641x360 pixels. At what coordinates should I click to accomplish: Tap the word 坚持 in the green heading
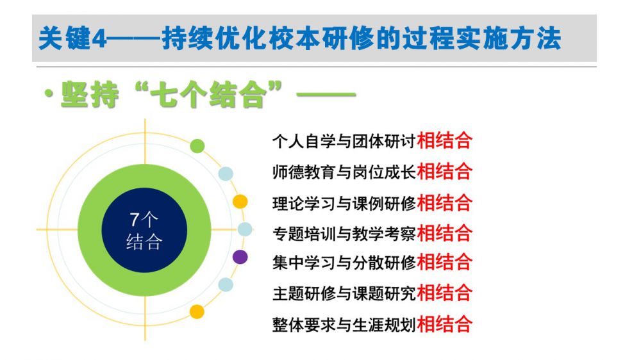click(x=90, y=95)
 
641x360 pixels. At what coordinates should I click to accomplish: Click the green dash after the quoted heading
click(x=326, y=94)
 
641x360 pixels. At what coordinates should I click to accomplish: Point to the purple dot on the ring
click(x=240, y=257)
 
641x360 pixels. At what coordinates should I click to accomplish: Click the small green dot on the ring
click(x=197, y=146)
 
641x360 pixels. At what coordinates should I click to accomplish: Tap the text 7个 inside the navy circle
click(x=144, y=220)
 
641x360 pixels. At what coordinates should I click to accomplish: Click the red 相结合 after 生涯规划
click(x=444, y=325)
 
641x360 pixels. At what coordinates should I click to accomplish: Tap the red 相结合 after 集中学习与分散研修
click(x=444, y=262)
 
